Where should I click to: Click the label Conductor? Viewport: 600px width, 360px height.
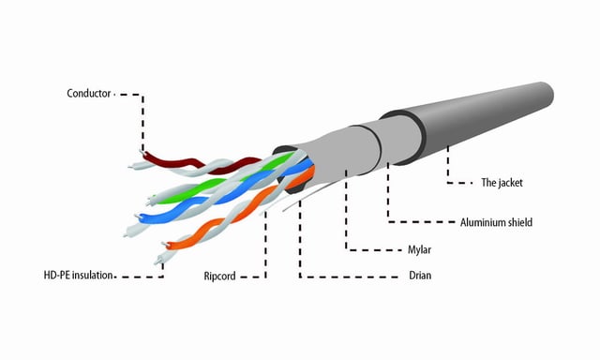(89, 94)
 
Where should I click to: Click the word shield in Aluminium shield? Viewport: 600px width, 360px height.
(517, 222)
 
